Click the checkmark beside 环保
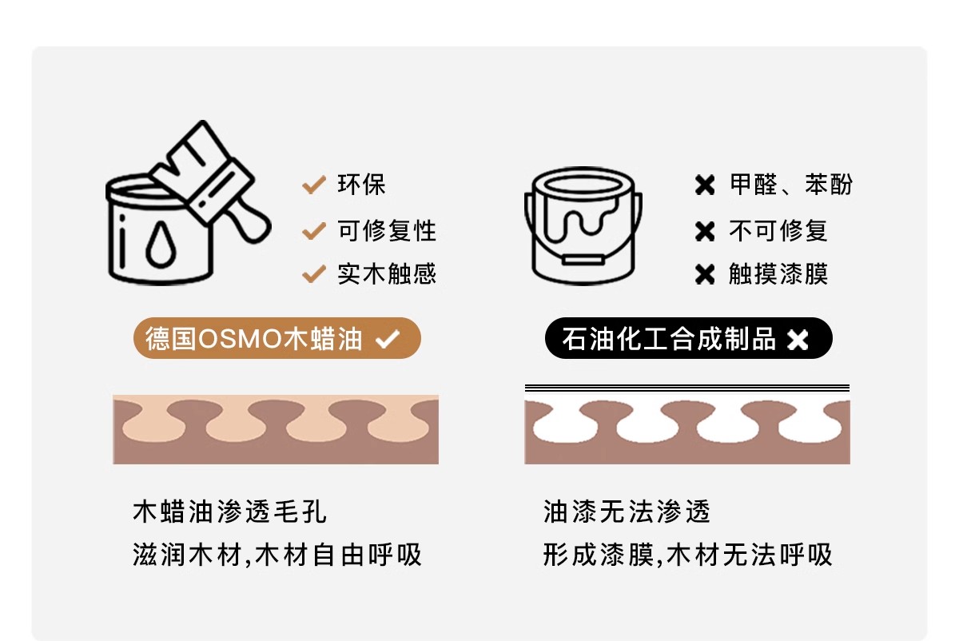click(314, 185)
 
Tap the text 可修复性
click(387, 230)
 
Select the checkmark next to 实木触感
click(314, 274)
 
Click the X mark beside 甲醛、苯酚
click(705, 185)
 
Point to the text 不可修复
click(778, 230)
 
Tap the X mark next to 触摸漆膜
click(705, 274)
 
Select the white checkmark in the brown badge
click(388, 339)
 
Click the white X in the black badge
click(798, 340)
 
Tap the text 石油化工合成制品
click(669, 339)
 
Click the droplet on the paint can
click(161, 244)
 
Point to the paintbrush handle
click(249, 222)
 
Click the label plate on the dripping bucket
click(583, 260)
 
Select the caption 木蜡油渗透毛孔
click(230, 512)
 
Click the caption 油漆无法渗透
click(627, 512)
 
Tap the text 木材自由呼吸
click(338, 555)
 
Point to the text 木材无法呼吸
click(750, 555)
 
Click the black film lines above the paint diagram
click(687, 388)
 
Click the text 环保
click(362, 185)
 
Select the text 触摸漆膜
click(778, 274)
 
